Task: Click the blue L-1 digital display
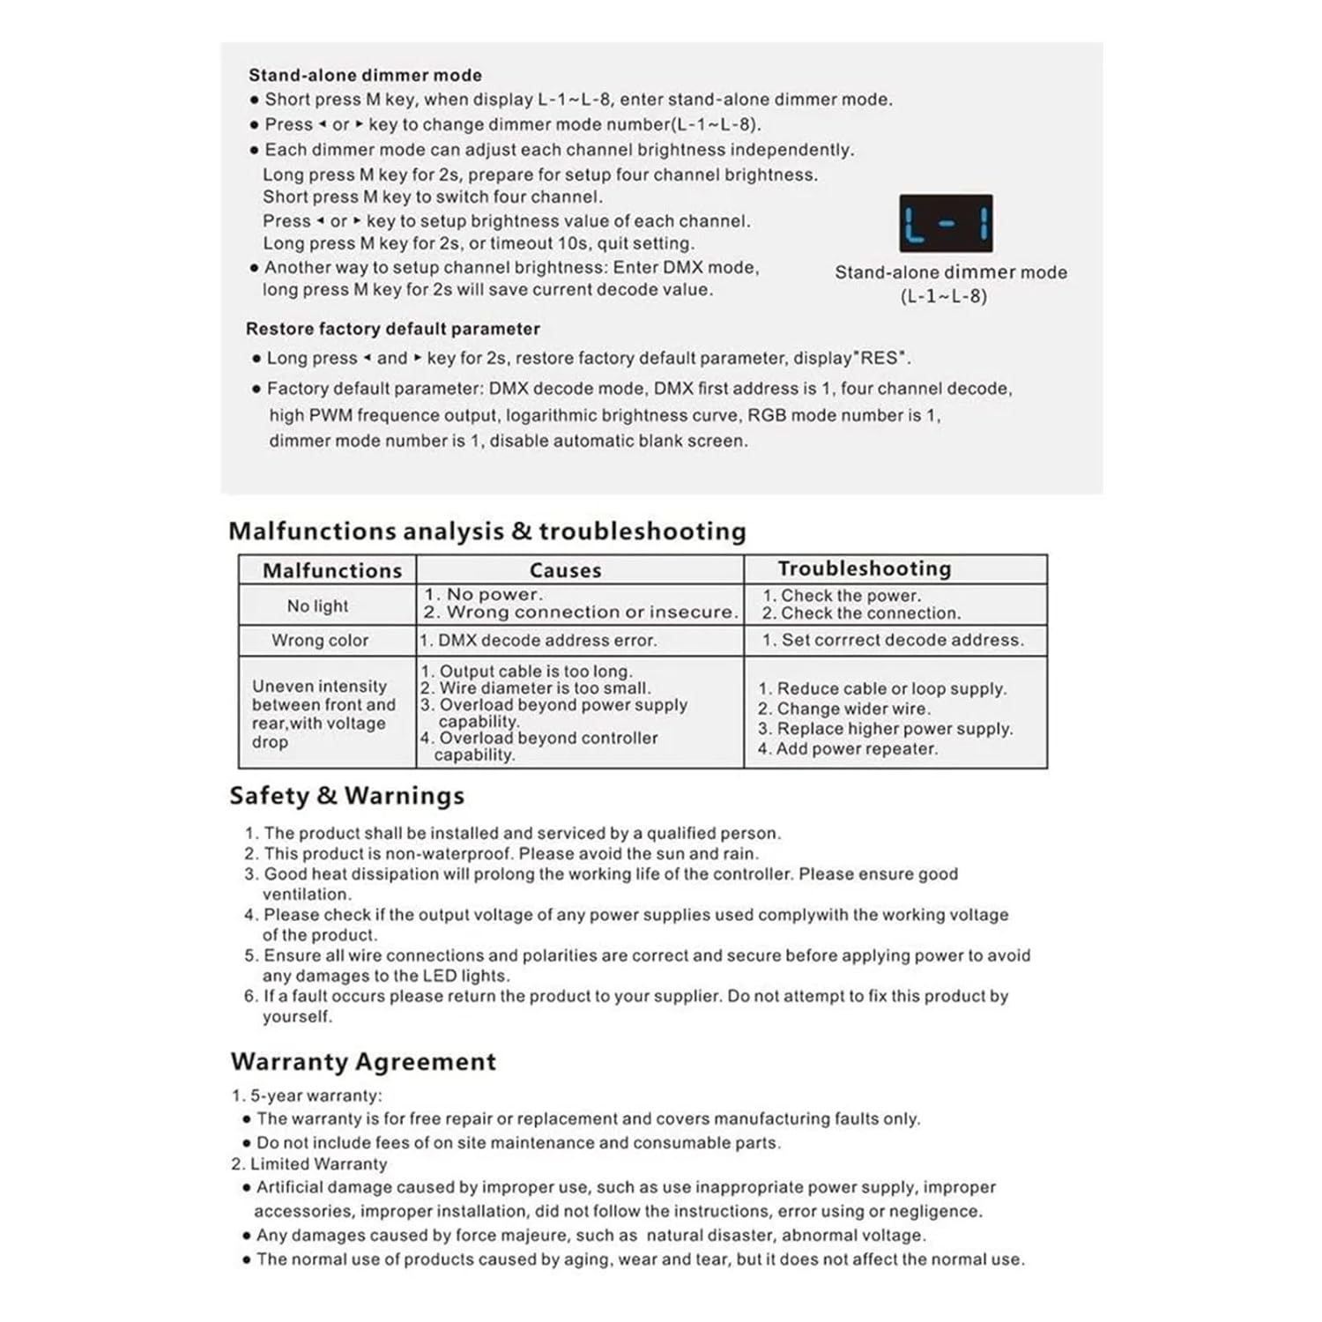(x=946, y=224)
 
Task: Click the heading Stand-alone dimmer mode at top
(x=365, y=75)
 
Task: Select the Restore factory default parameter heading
(x=392, y=329)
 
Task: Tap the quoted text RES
(x=883, y=358)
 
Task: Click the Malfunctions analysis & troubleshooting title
(x=486, y=531)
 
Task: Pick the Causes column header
(x=565, y=570)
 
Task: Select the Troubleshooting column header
(x=864, y=568)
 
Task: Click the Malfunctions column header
(x=331, y=570)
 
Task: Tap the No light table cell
(x=317, y=605)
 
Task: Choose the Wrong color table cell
(x=319, y=640)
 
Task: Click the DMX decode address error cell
(x=538, y=640)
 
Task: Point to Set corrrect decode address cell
(x=893, y=640)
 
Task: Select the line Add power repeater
(x=847, y=748)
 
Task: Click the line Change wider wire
(x=843, y=709)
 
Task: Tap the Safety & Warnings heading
(x=346, y=795)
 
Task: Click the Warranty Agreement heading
(x=363, y=1061)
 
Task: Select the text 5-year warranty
(x=316, y=1095)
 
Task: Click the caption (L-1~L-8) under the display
(x=943, y=296)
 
